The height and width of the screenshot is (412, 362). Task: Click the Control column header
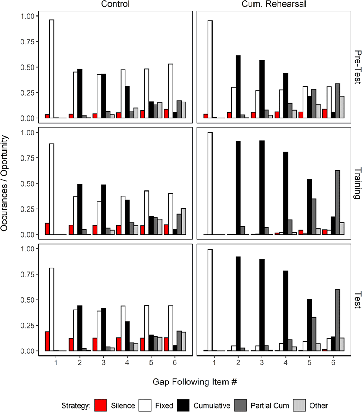115,4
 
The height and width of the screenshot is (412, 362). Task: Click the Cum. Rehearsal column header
274,4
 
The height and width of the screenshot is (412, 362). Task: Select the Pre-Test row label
357,67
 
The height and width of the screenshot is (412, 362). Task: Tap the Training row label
357,183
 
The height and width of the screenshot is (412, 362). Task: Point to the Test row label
357,300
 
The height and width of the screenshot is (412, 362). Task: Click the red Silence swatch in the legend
100,405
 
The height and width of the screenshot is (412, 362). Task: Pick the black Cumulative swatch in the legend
183,405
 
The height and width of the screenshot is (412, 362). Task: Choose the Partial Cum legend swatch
240,405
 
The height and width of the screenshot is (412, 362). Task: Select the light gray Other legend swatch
299,405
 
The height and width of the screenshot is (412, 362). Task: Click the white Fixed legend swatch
145,405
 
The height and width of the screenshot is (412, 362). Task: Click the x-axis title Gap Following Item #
195,382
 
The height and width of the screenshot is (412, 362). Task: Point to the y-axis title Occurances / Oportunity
4,183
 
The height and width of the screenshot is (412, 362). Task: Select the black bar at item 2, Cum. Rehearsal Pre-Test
238,87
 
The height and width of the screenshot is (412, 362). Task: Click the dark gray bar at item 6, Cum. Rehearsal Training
338,202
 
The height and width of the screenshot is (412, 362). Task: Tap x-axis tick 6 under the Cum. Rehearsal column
333,362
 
